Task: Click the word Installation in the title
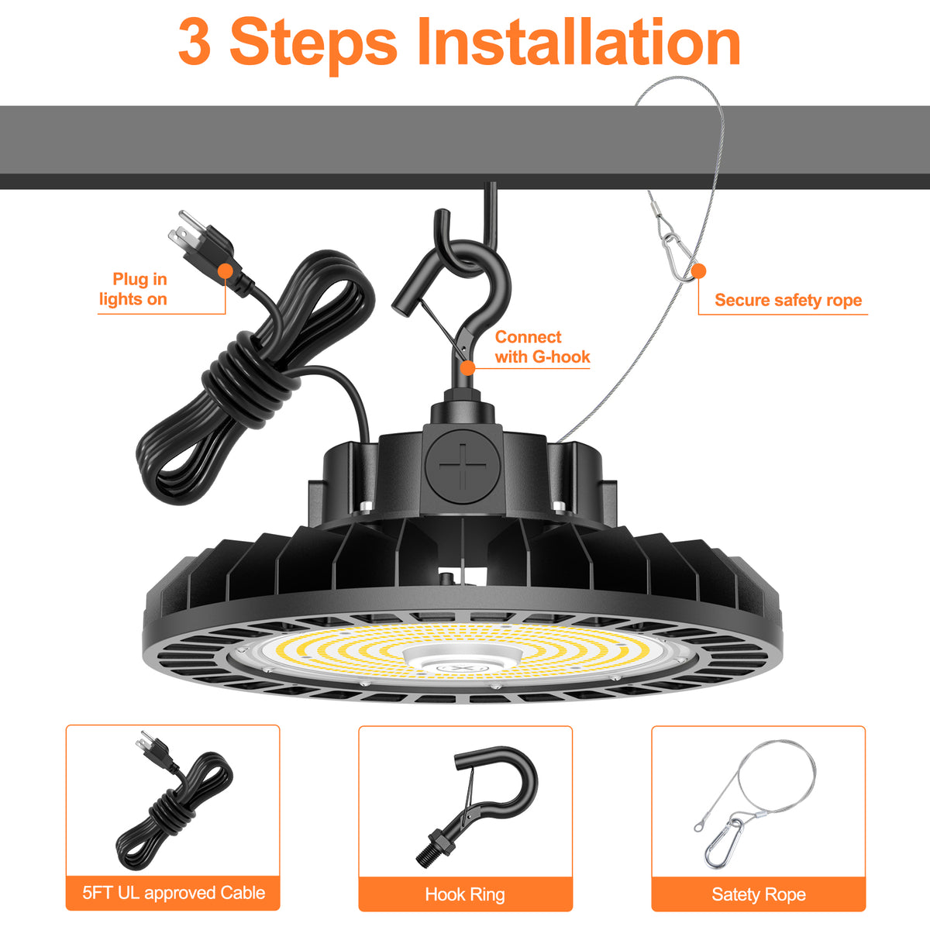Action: tap(579, 42)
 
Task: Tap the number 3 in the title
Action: tap(195, 42)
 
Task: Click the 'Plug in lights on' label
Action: tap(133, 289)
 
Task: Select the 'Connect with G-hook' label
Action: tap(542, 347)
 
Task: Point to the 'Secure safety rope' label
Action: tap(788, 300)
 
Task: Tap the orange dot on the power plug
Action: tap(226, 270)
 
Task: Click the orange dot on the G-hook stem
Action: tap(467, 368)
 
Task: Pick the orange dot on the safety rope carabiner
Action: tap(698, 270)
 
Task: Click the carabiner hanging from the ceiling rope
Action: tap(680, 257)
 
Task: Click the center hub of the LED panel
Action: tap(463, 658)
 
